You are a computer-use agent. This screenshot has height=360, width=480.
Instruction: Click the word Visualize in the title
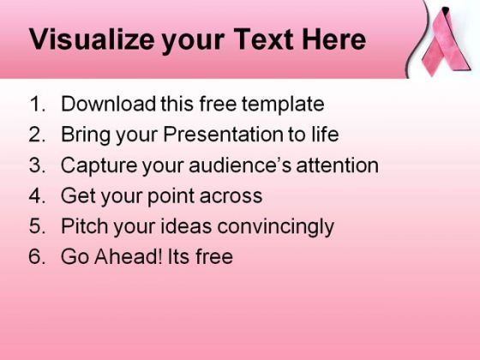pos(92,39)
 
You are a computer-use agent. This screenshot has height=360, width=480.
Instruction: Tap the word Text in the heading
pos(264,39)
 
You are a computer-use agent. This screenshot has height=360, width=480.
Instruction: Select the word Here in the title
pos(334,39)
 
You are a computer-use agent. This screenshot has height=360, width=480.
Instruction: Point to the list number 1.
pos(38,104)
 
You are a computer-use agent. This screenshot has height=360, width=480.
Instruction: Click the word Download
pos(108,104)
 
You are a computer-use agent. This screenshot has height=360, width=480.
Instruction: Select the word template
pos(283,104)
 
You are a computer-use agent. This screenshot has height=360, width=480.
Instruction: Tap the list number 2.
pos(38,134)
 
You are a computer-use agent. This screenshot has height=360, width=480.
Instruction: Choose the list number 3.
pos(38,165)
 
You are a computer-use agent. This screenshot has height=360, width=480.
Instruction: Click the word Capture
pos(99,166)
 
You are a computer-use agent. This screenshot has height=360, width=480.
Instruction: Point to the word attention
pos(338,165)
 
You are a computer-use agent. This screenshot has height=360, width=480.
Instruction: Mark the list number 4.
pos(38,195)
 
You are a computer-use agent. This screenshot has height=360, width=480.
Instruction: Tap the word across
pos(231,196)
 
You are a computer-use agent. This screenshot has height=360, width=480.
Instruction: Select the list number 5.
pos(38,226)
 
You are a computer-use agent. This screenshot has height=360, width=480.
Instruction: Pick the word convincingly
pos(275,227)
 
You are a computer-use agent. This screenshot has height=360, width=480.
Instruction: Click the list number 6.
pos(38,256)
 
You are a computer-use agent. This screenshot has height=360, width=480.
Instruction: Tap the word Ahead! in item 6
pos(129,256)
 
